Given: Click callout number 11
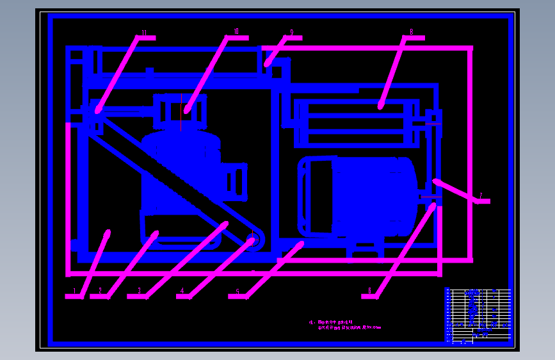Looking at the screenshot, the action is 144,33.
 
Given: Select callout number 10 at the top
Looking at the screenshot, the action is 236,31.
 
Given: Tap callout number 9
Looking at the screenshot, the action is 291,32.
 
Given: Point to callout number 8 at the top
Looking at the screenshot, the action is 412,31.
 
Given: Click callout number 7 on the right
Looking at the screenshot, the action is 481,196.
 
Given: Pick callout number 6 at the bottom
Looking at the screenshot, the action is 369,291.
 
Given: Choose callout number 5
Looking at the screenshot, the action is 238,291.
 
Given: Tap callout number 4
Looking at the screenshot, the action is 182,291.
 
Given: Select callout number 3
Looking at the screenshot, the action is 139,291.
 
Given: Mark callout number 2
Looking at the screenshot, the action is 100,291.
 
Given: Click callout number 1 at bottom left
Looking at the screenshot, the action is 74,291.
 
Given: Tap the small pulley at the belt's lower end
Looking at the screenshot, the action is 252,241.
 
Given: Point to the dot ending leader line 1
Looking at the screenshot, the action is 107,233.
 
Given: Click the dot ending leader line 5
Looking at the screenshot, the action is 300,244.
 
